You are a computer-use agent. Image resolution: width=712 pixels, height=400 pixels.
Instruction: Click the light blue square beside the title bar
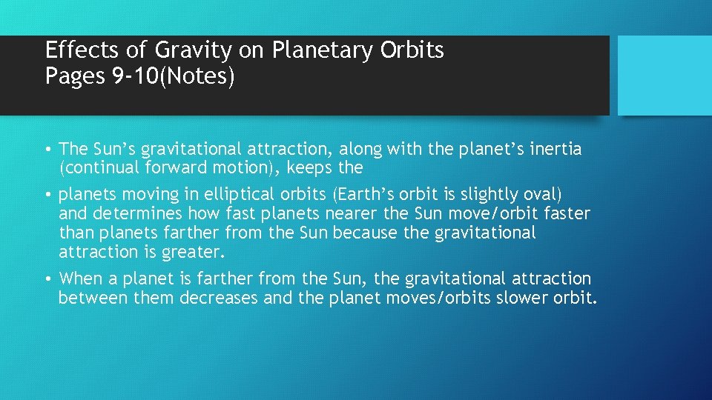(x=665, y=76)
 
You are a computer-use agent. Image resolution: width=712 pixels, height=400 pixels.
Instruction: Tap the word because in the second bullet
(x=365, y=233)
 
